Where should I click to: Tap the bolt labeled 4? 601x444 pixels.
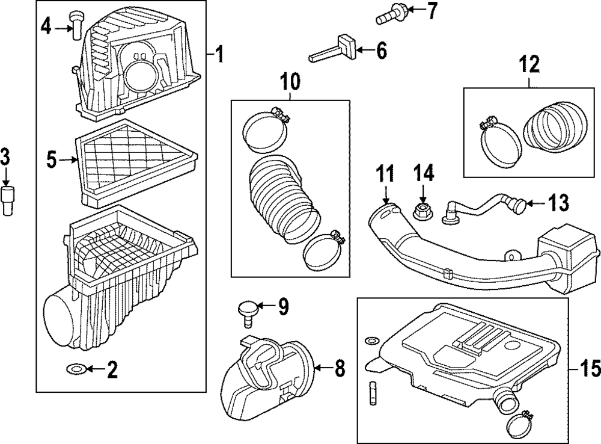(x=76, y=25)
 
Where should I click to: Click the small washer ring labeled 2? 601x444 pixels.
(x=76, y=368)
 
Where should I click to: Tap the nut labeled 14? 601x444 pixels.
(x=422, y=211)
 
